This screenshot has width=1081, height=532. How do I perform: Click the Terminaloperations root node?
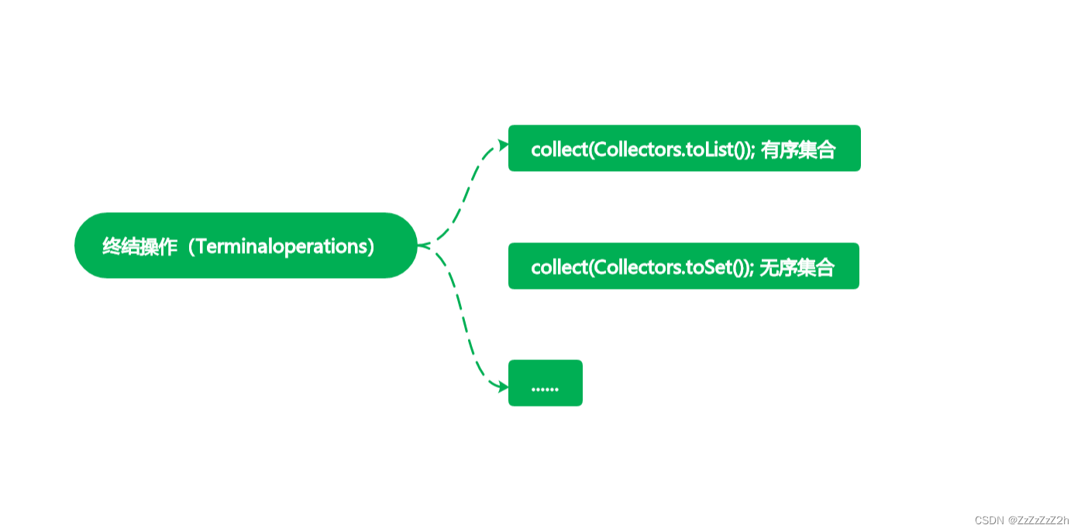[x=246, y=245]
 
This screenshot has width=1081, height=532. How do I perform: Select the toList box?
[x=684, y=148]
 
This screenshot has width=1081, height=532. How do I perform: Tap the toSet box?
[x=683, y=266]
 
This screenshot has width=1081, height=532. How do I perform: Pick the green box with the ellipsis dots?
[x=545, y=383]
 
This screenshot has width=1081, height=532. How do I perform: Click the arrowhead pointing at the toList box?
[x=503, y=145]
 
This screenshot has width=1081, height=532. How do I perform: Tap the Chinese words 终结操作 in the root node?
[x=139, y=246]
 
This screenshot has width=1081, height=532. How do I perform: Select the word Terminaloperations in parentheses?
[x=284, y=246]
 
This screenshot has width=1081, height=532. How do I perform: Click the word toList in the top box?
[x=708, y=149]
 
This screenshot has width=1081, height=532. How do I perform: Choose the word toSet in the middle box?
[x=708, y=268]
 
